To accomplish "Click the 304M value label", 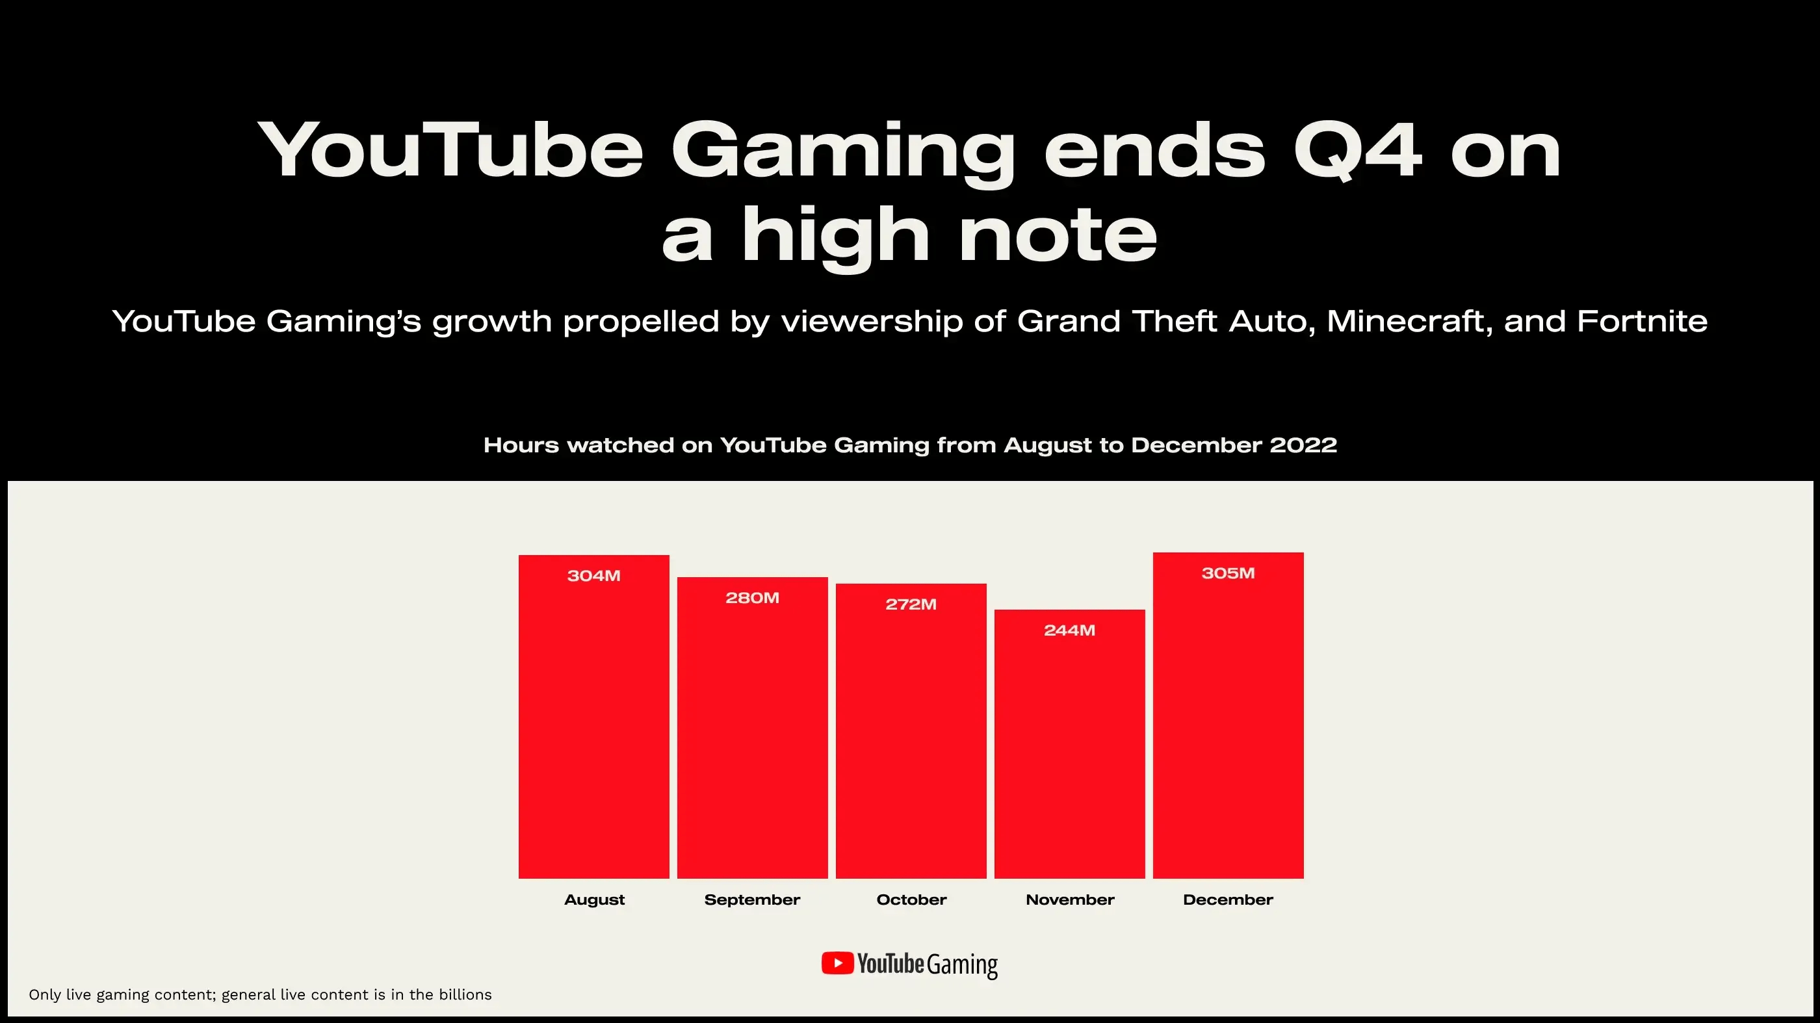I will [x=593, y=576].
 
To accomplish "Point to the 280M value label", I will [x=752, y=598].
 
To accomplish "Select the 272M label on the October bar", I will [x=911, y=604].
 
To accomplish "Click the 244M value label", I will [x=1069, y=630].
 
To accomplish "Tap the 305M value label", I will [x=1228, y=573].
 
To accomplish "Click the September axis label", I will [x=752, y=900].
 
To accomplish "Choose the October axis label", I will [x=911, y=900].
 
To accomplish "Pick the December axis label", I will [x=1228, y=900].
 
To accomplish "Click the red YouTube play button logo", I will [x=837, y=963].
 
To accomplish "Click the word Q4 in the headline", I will [x=1357, y=151].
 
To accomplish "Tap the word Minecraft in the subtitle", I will [x=1409, y=322].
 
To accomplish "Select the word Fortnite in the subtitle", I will [x=1642, y=322].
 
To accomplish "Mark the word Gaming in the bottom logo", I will [x=962, y=965].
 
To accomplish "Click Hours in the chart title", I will [x=521, y=445].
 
